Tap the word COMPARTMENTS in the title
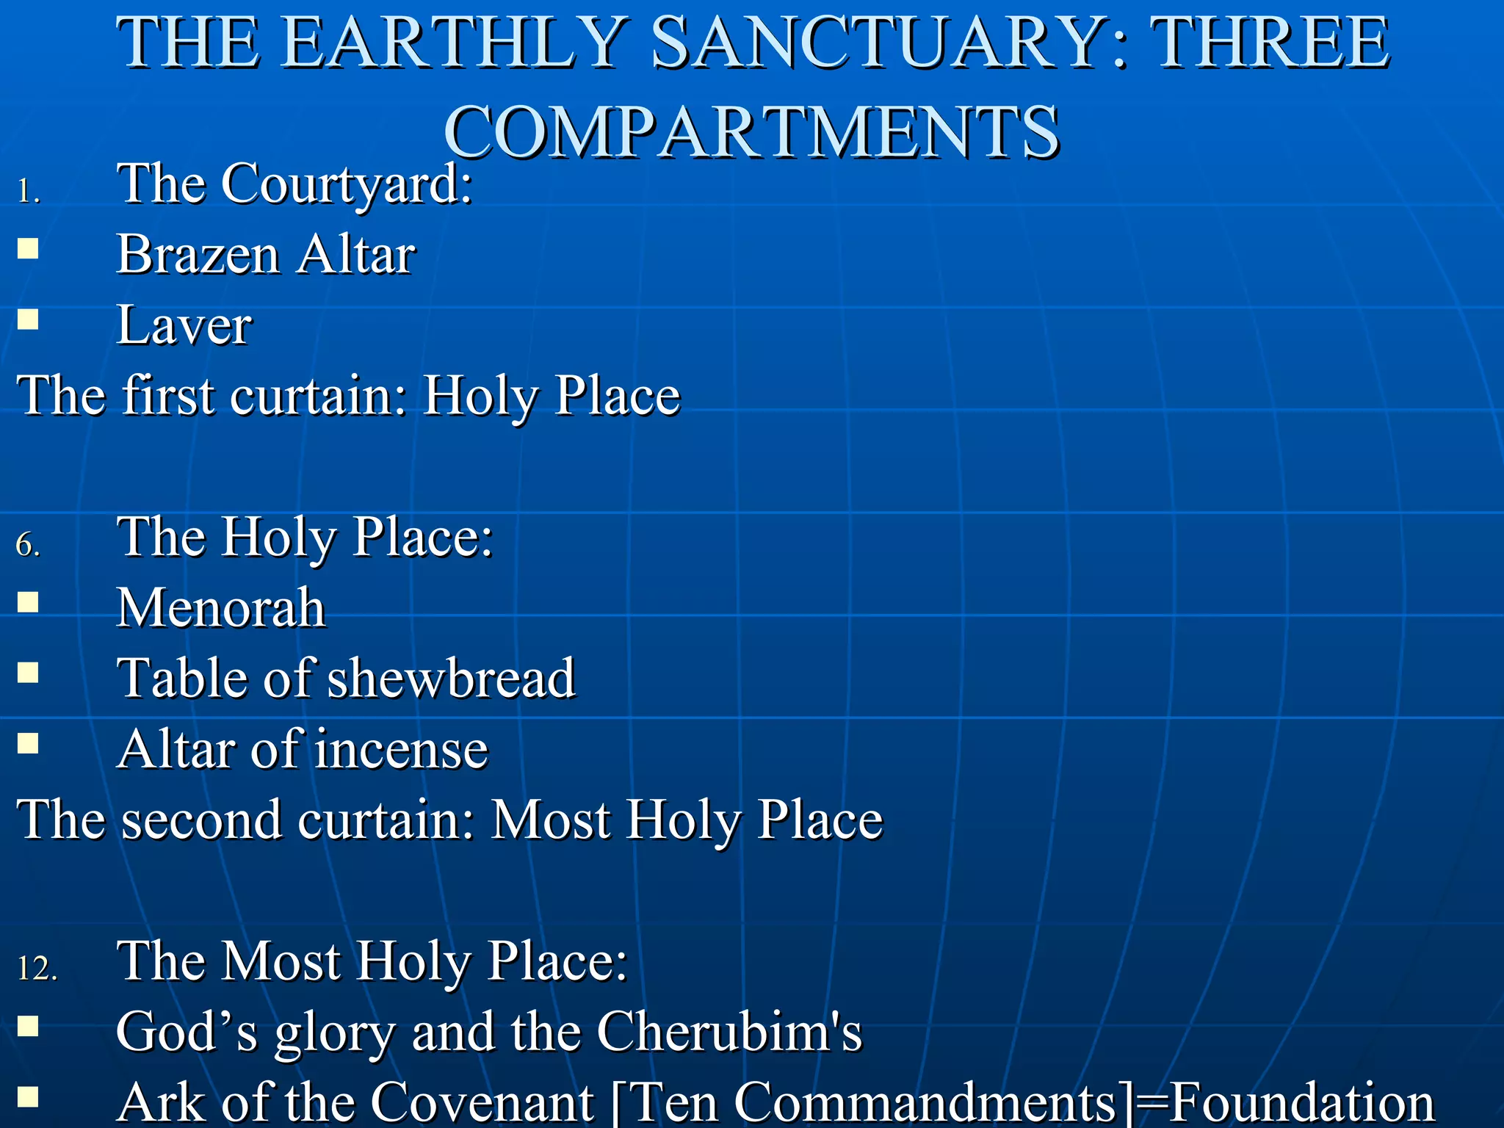[x=751, y=132]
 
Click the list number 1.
[x=28, y=192]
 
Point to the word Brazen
[x=198, y=255]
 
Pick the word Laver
[x=184, y=325]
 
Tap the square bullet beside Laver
[x=28, y=319]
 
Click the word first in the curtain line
[x=169, y=396]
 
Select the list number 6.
[x=28, y=546]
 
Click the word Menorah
[x=221, y=608]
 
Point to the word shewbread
[x=451, y=678]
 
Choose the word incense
[x=402, y=750]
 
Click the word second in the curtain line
[x=201, y=820]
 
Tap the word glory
[x=335, y=1033]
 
